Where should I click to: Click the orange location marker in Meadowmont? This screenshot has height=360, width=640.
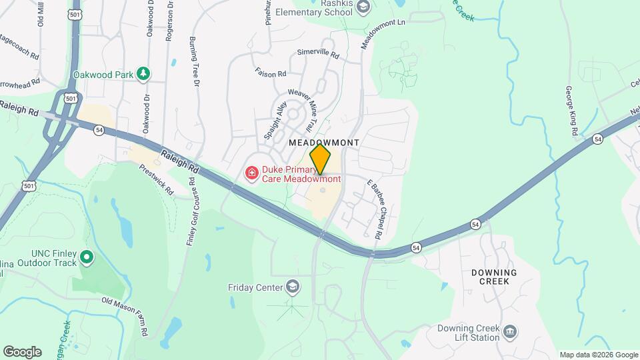tap(321, 160)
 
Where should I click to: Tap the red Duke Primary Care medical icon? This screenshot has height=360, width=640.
tap(253, 174)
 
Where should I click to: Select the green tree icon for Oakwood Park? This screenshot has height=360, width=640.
tap(143, 73)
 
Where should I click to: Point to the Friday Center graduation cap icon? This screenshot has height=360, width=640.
tap(291, 287)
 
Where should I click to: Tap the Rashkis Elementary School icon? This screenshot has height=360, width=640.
tap(363, 7)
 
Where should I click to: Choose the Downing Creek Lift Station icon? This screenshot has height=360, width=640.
tap(510, 331)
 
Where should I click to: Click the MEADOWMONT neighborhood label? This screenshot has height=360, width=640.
tap(324, 143)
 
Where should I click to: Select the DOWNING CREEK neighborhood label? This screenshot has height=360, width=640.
tap(494, 277)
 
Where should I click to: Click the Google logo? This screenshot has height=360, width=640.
tap(22, 351)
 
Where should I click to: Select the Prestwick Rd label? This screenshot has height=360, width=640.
tap(157, 177)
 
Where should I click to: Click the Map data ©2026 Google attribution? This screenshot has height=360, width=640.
tap(598, 355)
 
